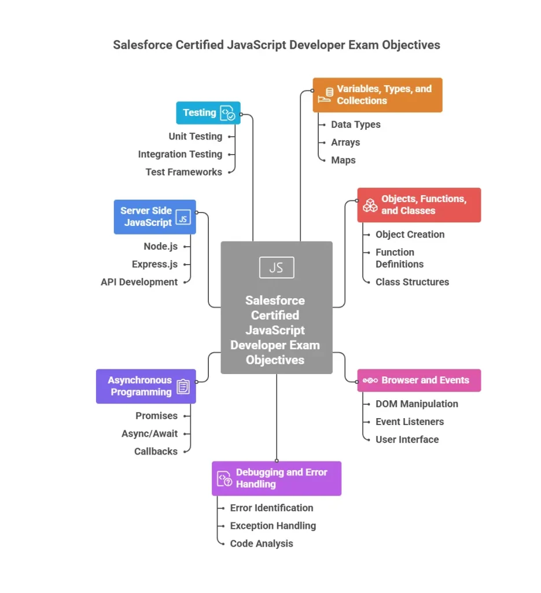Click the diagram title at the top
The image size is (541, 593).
pos(277,45)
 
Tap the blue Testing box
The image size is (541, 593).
pos(208,113)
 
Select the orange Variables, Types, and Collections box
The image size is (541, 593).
pos(377,95)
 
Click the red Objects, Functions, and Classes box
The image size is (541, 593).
pos(419,205)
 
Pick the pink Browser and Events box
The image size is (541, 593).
pos(419,380)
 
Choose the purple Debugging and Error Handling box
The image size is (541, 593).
pos(277,478)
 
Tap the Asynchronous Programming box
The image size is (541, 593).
pos(146,386)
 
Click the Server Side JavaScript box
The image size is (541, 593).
pos(155,217)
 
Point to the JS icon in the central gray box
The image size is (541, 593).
pos(277,268)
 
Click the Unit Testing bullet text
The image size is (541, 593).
pos(195,137)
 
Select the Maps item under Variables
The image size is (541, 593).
pos(343,160)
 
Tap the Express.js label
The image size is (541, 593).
pos(154,265)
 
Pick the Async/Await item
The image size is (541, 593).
pos(149,434)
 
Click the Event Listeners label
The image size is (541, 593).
pos(410,422)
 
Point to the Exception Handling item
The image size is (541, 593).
pos(273,526)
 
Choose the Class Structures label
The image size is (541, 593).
pos(412,282)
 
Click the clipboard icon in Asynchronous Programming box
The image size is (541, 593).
pos(183,386)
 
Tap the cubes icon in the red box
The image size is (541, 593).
pos(370,205)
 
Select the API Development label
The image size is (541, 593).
pos(139,282)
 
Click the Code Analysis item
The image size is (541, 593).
pos(262,544)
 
